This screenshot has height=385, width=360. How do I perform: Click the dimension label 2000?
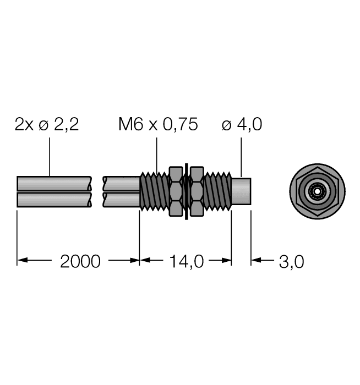coord(80,261)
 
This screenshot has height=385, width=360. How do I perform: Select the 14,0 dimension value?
coord(185,261)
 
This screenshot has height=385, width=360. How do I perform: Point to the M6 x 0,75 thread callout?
coord(158,125)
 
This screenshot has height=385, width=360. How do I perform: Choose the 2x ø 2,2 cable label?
coord(47,125)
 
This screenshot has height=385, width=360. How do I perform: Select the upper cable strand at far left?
coord(39,183)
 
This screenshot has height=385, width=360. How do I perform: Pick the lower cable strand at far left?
coord(39,199)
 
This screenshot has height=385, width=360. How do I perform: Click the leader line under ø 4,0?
coord(242,157)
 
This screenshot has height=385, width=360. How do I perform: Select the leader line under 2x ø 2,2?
coord(50,157)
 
